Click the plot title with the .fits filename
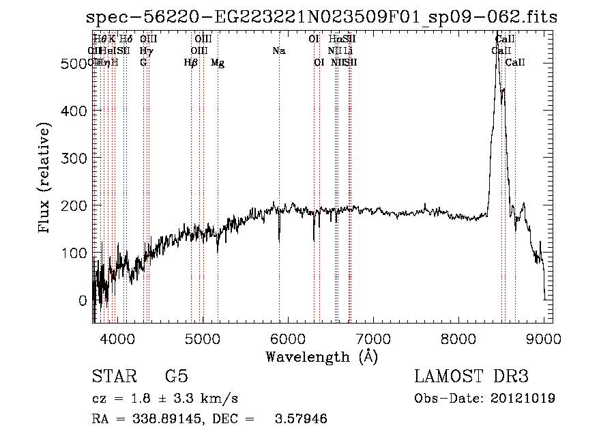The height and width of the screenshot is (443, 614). [322, 17]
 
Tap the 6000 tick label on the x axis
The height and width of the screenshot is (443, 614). [287, 337]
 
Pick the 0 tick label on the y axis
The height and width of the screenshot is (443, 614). [83, 300]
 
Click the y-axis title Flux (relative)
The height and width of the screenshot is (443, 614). [46, 178]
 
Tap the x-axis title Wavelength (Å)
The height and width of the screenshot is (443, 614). [321, 356]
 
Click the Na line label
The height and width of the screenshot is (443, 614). [278, 51]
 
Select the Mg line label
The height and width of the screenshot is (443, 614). [218, 63]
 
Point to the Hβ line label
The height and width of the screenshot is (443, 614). [191, 63]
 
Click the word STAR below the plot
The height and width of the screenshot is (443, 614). [115, 377]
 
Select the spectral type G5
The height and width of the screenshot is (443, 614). [176, 377]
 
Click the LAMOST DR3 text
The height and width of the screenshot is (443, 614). [471, 377]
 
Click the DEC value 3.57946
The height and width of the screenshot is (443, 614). [300, 419]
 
